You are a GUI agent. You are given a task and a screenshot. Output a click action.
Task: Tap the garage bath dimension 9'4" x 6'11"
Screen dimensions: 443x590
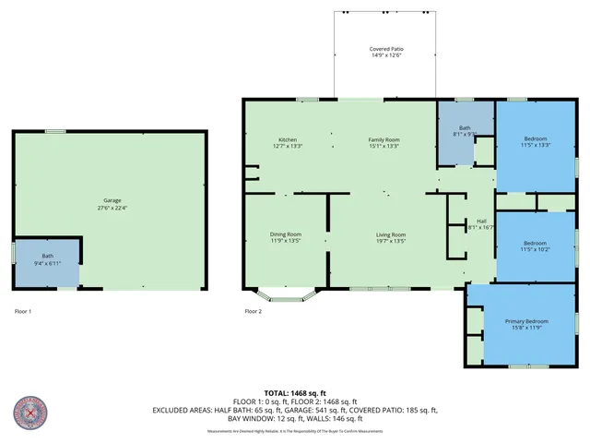(48, 264)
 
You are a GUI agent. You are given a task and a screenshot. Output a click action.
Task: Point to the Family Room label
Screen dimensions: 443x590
(384, 138)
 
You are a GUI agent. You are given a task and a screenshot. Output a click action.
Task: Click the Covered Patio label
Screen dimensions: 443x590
(385, 48)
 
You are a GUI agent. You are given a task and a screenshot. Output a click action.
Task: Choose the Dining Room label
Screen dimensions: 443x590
(286, 233)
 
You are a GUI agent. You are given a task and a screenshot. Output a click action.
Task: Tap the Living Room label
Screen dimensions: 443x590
(391, 233)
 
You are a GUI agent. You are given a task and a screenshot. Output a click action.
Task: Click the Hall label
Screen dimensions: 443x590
(481, 221)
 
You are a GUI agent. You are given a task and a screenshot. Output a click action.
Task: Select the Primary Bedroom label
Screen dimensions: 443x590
(525, 321)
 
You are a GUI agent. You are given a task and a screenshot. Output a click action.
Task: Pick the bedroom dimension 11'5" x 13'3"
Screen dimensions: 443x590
(535, 145)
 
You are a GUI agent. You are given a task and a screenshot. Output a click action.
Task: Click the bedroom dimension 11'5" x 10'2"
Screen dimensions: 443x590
(535, 249)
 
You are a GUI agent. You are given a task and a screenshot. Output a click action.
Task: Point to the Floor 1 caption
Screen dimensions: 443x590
(22, 311)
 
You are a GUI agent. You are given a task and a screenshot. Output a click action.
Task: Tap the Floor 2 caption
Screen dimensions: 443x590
(253, 311)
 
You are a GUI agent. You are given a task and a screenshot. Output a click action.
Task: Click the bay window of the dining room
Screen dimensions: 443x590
(287, 296)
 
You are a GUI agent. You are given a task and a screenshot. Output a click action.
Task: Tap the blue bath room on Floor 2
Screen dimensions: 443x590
(465, 134)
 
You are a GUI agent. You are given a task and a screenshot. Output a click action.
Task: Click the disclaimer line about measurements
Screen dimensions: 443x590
(295, 431)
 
